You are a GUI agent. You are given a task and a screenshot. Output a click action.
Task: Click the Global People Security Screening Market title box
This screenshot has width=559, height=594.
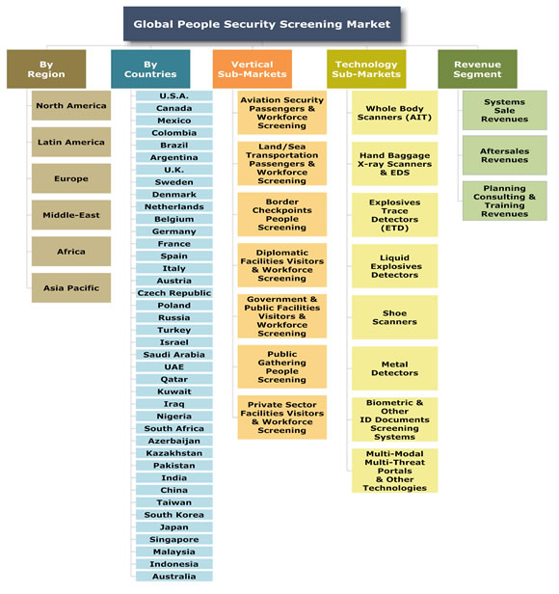262,24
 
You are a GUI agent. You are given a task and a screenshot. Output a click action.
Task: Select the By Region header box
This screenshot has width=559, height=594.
46,69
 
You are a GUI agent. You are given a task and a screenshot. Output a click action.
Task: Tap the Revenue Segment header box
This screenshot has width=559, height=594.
477,69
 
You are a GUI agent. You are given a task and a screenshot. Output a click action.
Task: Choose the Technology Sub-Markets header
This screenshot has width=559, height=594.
366,69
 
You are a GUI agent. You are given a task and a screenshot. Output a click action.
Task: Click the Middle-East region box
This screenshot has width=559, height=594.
71,215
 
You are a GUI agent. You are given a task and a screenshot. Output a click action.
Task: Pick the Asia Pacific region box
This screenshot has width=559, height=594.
71,288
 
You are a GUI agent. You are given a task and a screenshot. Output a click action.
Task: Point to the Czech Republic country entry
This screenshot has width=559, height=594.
174,293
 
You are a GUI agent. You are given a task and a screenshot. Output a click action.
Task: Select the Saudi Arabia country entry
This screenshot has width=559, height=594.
174,355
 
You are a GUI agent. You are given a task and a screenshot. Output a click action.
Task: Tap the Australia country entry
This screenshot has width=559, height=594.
174,577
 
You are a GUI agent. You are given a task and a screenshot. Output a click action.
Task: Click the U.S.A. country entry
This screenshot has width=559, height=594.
174,95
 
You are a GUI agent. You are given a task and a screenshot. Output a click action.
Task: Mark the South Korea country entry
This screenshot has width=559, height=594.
174,515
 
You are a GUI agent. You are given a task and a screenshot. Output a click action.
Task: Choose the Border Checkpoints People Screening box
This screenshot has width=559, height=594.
282,214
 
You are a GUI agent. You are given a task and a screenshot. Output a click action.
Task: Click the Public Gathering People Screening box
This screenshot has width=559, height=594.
282,366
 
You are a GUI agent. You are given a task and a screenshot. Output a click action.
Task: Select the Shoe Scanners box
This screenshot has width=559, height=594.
394,317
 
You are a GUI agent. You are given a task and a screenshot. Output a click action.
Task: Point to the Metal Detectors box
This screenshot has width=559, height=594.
394,368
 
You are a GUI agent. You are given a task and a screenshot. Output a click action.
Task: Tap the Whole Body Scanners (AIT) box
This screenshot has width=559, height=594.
394,113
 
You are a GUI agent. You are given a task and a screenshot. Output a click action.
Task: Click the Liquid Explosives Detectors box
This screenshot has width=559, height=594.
394,266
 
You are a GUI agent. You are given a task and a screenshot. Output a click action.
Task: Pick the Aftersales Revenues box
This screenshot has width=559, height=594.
504,155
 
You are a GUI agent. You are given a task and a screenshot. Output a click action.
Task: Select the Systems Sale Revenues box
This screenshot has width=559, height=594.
504,110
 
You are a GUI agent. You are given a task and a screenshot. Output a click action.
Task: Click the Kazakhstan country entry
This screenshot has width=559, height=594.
174,453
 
